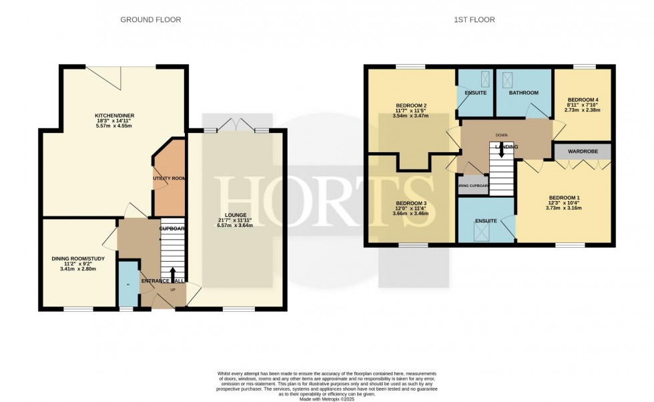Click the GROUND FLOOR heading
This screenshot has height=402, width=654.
pyautogui.click(x=150, y=20)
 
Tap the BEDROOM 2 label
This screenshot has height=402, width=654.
pyautogui.click(x=411, y=106)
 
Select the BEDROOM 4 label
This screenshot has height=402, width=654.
pyautogui.click(x=583, y=100)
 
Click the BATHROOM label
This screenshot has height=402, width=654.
pyautogui.click(x=523, y=93)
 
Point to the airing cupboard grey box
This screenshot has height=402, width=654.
pyautogui.click(x=473, y=186)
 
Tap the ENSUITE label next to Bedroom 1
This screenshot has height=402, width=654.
pyautogui.click(x=485, y=220)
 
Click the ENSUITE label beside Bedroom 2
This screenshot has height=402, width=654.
pyautogui.click(x=474, y=93)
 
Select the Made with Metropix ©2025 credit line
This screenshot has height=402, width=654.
pyautogui.click(x=326, y=399)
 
